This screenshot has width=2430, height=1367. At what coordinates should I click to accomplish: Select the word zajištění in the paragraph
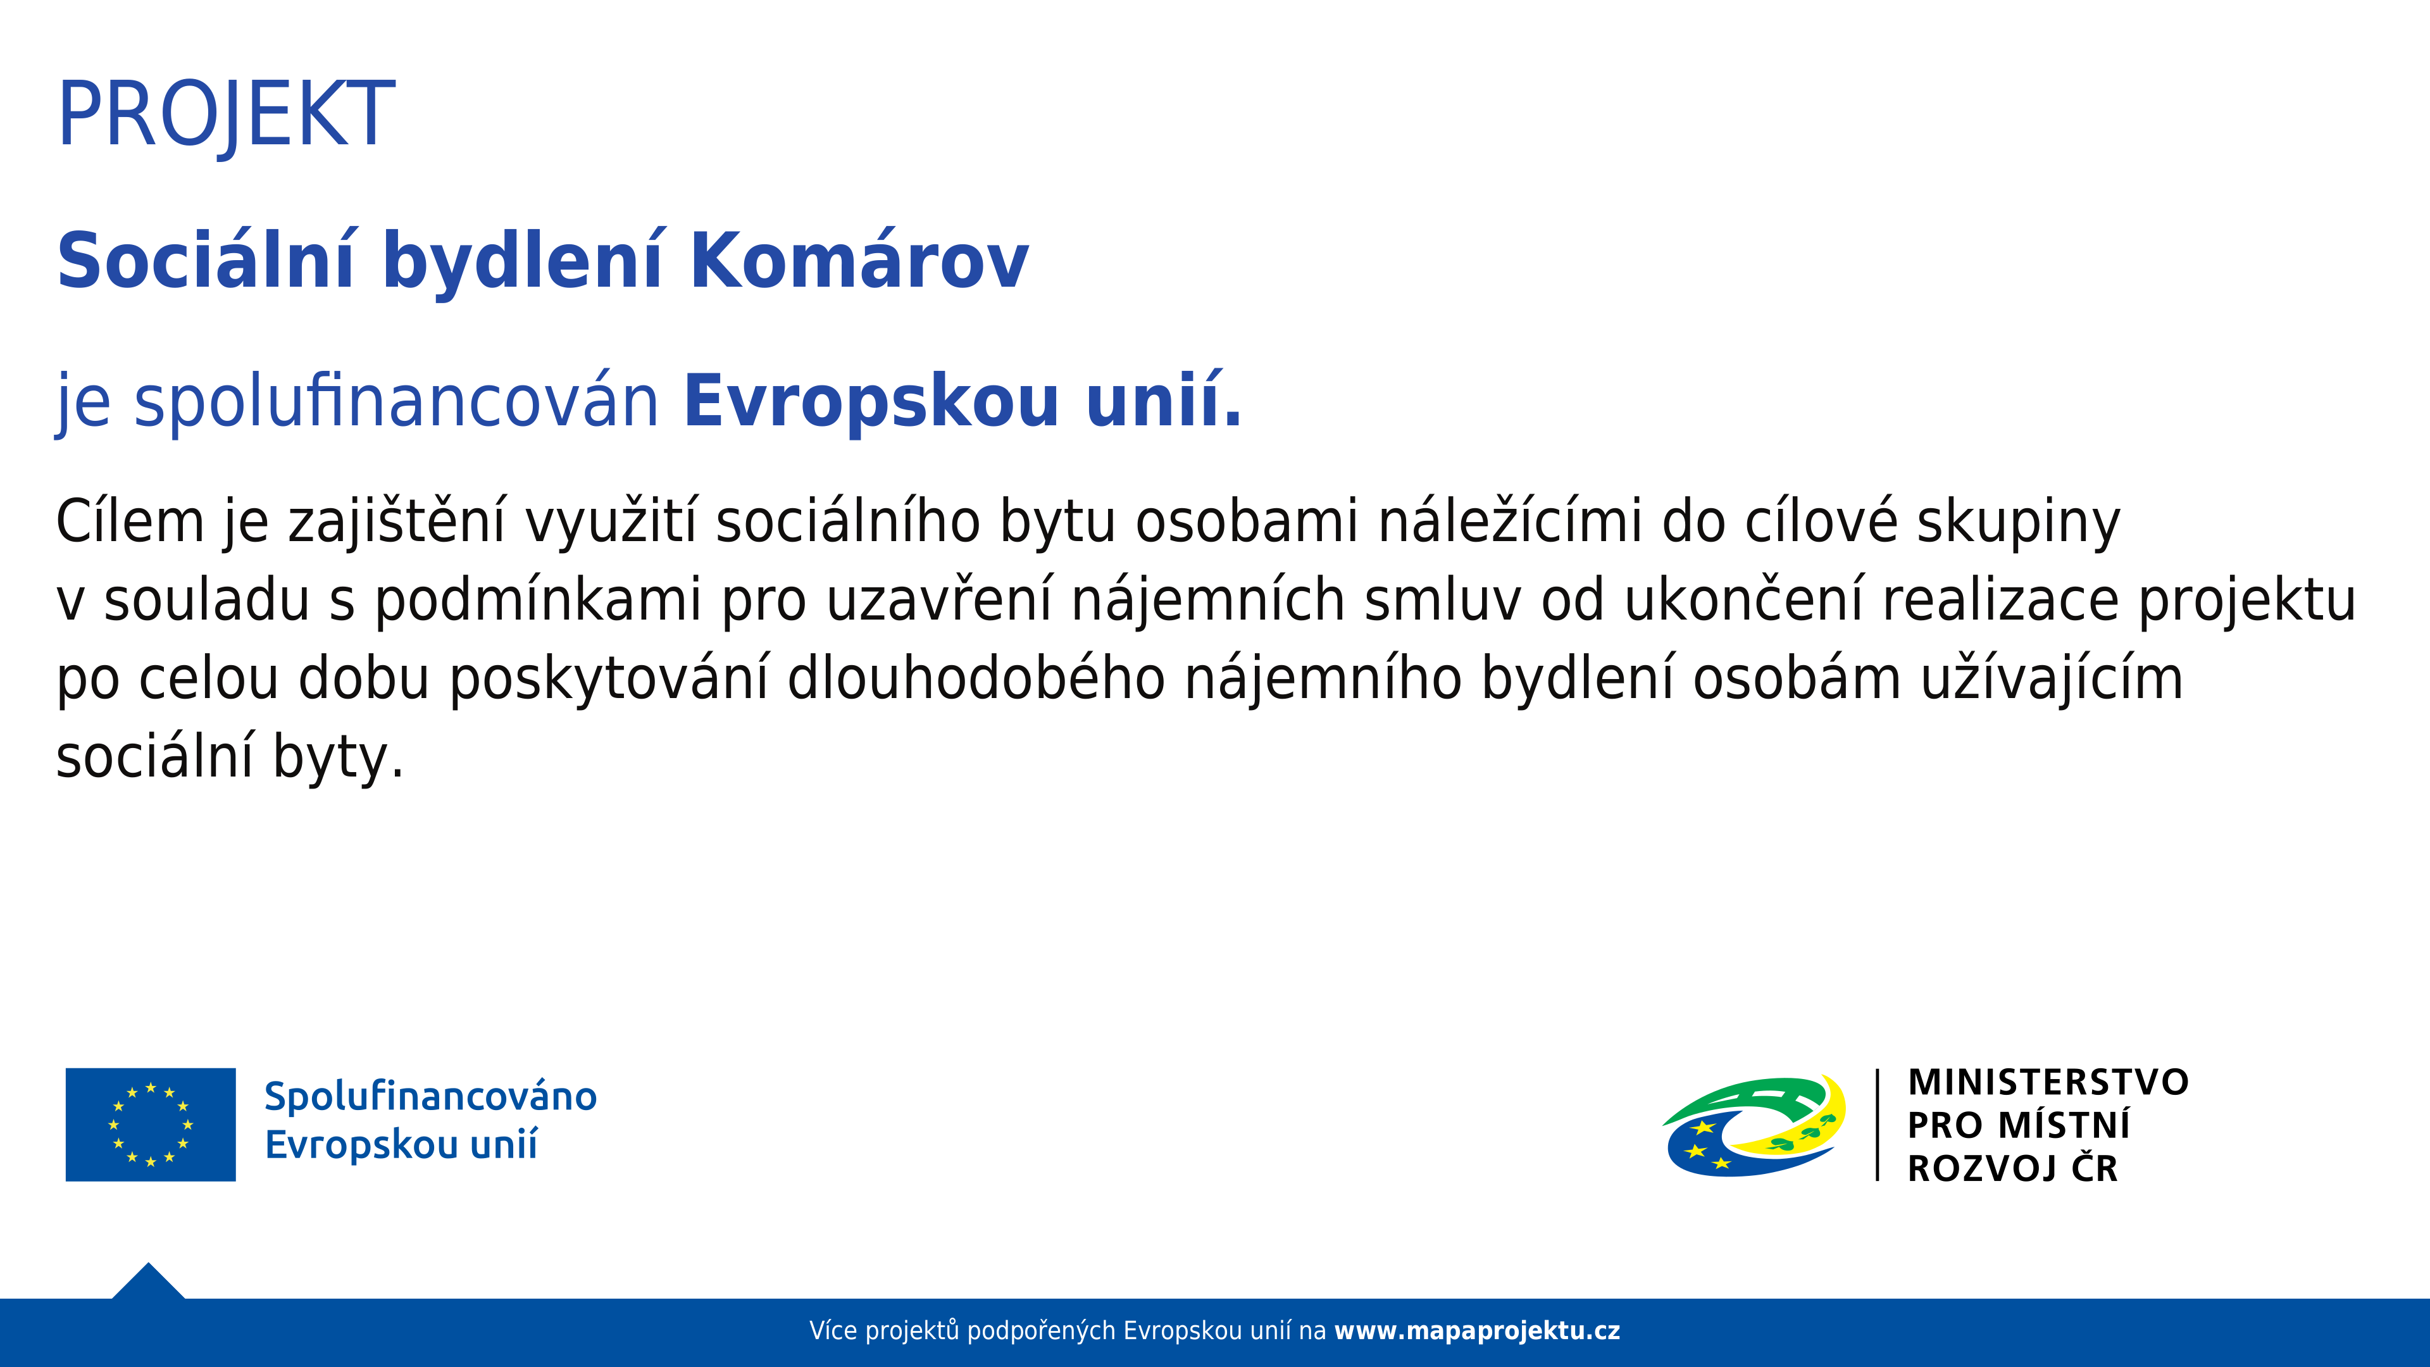[397, 521]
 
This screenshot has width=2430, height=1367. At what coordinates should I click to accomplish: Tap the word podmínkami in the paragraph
[539, 601]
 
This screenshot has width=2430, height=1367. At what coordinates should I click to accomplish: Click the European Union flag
[150, 1125]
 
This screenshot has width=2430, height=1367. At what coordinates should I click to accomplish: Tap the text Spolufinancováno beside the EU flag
[430, 1096]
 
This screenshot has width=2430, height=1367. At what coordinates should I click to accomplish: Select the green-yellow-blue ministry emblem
[1754, 1125]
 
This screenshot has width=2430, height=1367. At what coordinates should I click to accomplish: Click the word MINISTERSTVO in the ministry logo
[2048, 1082]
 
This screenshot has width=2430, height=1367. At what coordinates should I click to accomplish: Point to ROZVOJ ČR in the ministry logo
[2012, 1168]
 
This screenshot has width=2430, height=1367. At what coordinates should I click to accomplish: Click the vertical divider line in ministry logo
[1877, 1125]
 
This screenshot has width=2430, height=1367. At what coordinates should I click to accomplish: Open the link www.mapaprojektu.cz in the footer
[1476, 1331]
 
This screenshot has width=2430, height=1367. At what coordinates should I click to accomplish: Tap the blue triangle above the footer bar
[148, 1282]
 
